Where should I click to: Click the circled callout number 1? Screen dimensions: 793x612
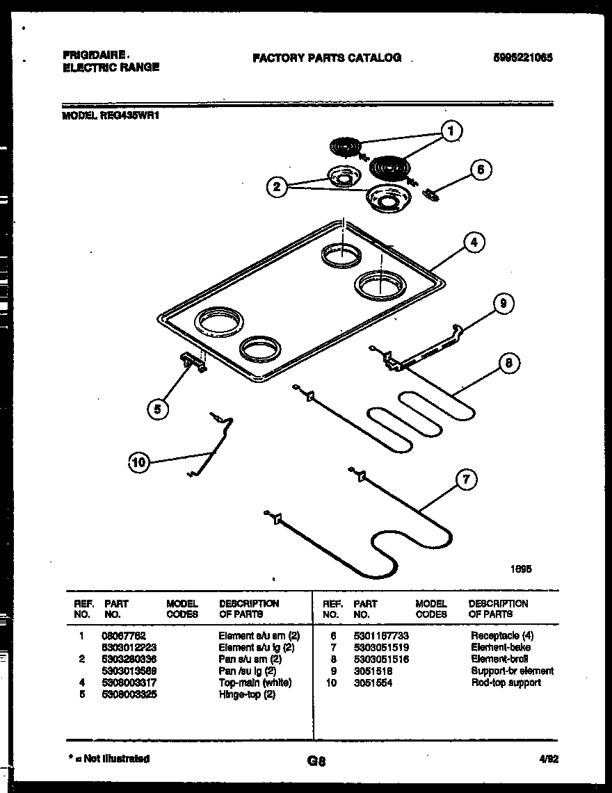[x=452, y=131]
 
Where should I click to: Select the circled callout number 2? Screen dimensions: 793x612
[x=277, y=186]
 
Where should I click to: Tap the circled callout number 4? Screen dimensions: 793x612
[x=473, y=243]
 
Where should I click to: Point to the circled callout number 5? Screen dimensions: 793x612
[x=158, y=410]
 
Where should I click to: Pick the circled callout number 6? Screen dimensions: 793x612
[x=481, y=170]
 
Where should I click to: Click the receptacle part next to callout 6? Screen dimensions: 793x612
[x=433, y=195]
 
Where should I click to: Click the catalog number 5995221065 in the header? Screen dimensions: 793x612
[x=522, y=58]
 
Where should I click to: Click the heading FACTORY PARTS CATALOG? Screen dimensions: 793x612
[x=327, y=58]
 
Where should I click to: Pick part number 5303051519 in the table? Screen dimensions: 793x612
[x=381, y=647]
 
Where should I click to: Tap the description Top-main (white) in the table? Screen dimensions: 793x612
[x=255, y=682]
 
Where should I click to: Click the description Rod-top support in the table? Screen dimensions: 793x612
[x=506, y=682]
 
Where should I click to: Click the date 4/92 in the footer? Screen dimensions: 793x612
[x=549, y=760]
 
